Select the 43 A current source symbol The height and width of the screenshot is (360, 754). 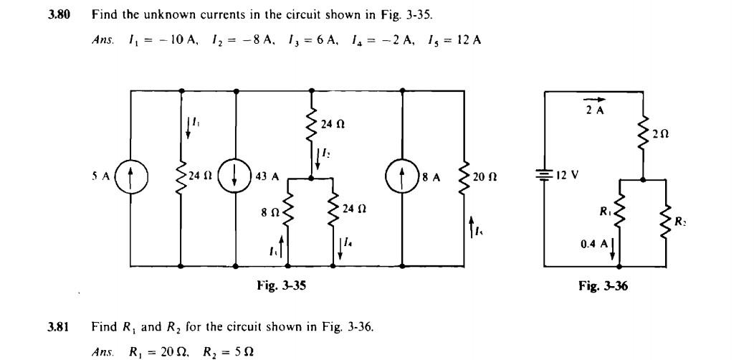click(x=236, y=176)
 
